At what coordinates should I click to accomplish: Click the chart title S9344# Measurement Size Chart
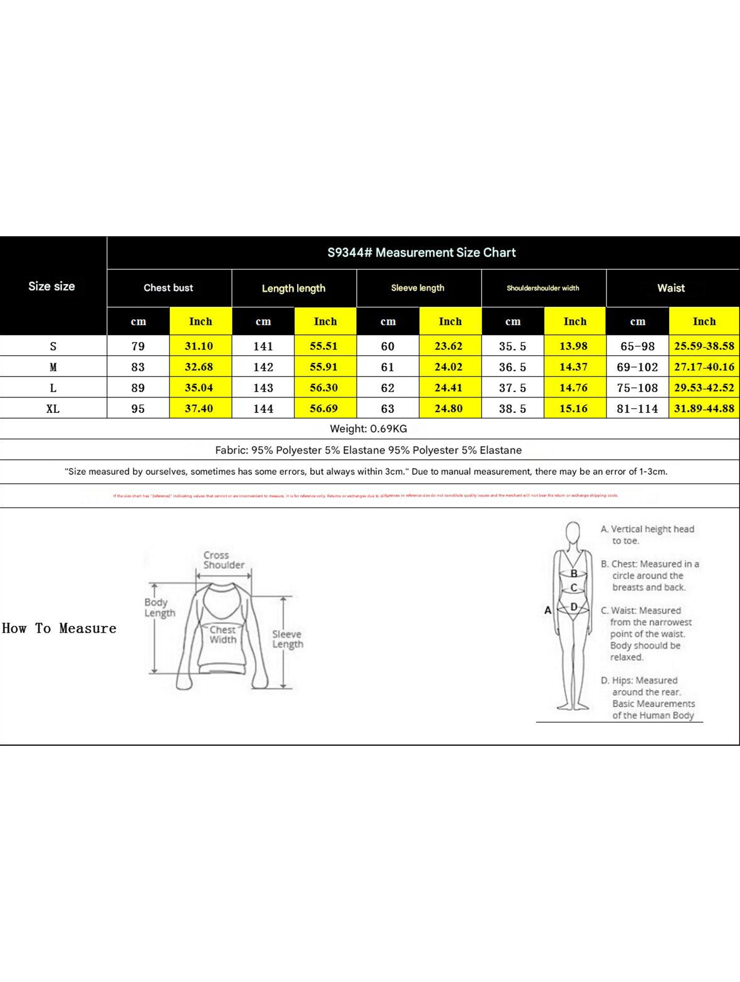click(421, 253)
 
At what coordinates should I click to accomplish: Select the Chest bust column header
click(168, 288)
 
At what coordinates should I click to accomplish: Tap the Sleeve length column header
click(417, 288)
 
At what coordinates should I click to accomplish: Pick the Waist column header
click(671, 288)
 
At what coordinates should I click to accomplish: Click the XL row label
click(53, 409)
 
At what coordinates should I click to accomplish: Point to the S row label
click(53, 346)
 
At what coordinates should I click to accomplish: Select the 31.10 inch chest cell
click(199, 346)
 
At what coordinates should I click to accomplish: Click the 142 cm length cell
click(263, 367)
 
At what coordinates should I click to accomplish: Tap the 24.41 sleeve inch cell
click(448, 388)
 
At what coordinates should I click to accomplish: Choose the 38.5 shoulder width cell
click(512, 409)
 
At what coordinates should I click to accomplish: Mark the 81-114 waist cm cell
click(637, 409)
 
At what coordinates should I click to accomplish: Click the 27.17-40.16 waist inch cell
click(704, 367)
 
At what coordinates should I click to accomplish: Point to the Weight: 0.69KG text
click(369, 429)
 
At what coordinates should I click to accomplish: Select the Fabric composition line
click(369, 450)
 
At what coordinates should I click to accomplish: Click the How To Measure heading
click(59, 628)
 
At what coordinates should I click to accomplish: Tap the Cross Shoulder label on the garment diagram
click(223, 560)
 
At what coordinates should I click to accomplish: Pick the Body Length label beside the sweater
click(160, 607)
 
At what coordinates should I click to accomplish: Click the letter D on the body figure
click(574, 607)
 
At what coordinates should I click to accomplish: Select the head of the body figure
click(573, 531)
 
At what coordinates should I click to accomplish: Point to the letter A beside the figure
click(548, 610)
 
